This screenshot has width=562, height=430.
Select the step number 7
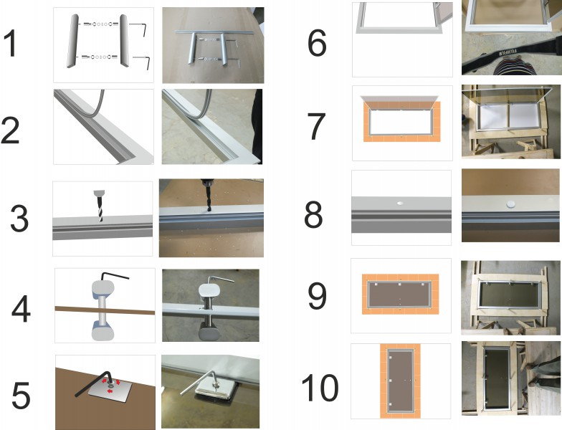(317, 126)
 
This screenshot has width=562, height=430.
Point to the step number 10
(320, 387)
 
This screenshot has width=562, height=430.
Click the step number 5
(21, 396)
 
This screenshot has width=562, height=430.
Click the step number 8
(313, 214)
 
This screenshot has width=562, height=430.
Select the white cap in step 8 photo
(510, 204)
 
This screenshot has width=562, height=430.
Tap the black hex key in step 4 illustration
(115, 277)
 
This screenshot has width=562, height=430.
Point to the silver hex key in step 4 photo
(221, 279)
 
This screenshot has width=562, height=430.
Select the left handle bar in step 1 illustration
(72, 40)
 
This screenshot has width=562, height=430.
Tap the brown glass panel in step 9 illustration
(400, 294)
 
